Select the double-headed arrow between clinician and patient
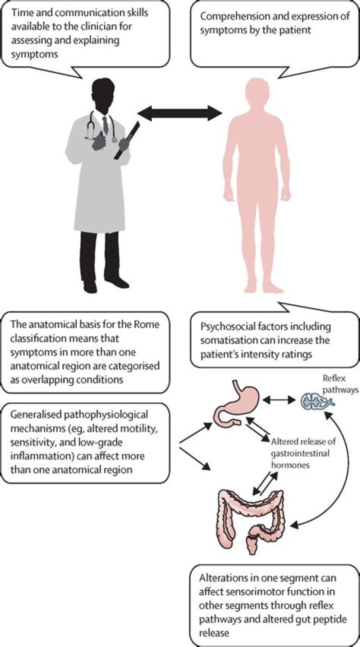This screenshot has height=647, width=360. click(x=179, y=114)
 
